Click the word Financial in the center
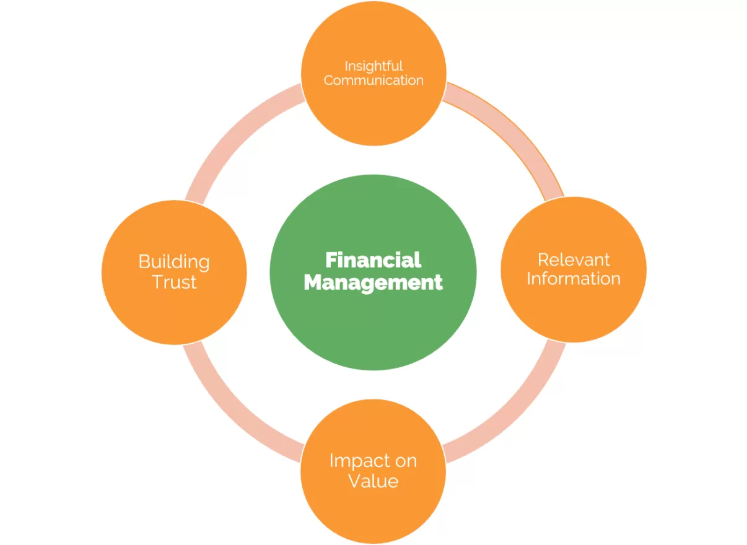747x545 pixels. [x=373, y=260]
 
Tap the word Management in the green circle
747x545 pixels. [x=373, y=282]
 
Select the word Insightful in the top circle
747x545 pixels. [x=373, y=66]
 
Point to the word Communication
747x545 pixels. [x=373, y=81]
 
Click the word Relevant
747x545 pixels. [x=574, y=260]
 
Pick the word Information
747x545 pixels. [x=574, y=279]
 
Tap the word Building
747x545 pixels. [x=174, y=263]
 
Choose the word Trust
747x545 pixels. [x=174, y=282]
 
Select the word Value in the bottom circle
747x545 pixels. [x=373, y=481]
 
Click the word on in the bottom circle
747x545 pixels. [x=406, y=462]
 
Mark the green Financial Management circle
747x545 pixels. [x=373, y=272]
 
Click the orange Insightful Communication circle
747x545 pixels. [x=373, y=73]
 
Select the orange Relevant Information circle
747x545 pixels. [x=574, y=269]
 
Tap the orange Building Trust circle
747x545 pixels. [x=174, y=272]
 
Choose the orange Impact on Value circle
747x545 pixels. [x=373, y=471]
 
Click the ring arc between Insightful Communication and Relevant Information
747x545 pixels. [x=515, y=130]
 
